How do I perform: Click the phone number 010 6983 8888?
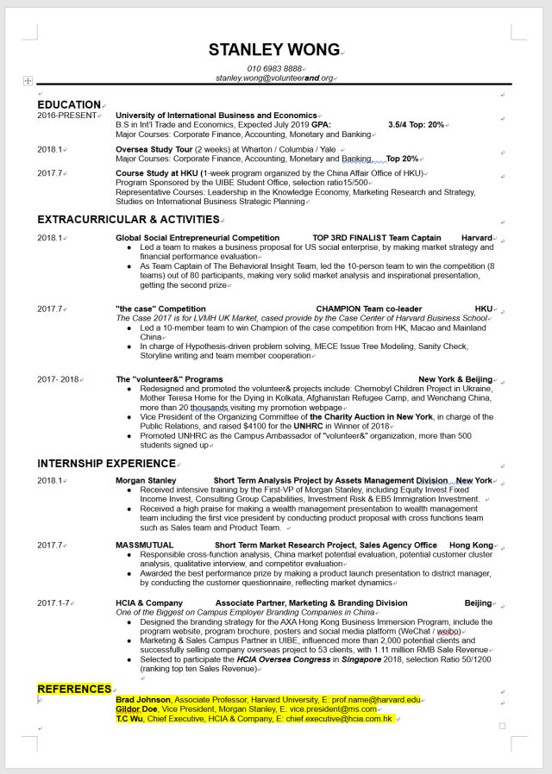coord(274,69)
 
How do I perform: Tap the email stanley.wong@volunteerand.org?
coord(274,78)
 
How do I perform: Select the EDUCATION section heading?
coord(69,105)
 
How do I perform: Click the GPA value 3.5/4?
coord(402,125)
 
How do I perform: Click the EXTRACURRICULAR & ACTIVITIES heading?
coord(128,220)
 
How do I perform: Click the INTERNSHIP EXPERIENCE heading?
coord(106,464)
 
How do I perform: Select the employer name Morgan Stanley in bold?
coord(145,481)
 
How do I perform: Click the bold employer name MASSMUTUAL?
coord(145,546)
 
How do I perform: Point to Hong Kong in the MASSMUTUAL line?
coord(471,546)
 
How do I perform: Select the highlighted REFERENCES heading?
coord(74,689)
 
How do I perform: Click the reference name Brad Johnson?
coord(143,700)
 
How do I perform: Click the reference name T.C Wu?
coord(129,719)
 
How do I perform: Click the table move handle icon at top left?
coord(28,80)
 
